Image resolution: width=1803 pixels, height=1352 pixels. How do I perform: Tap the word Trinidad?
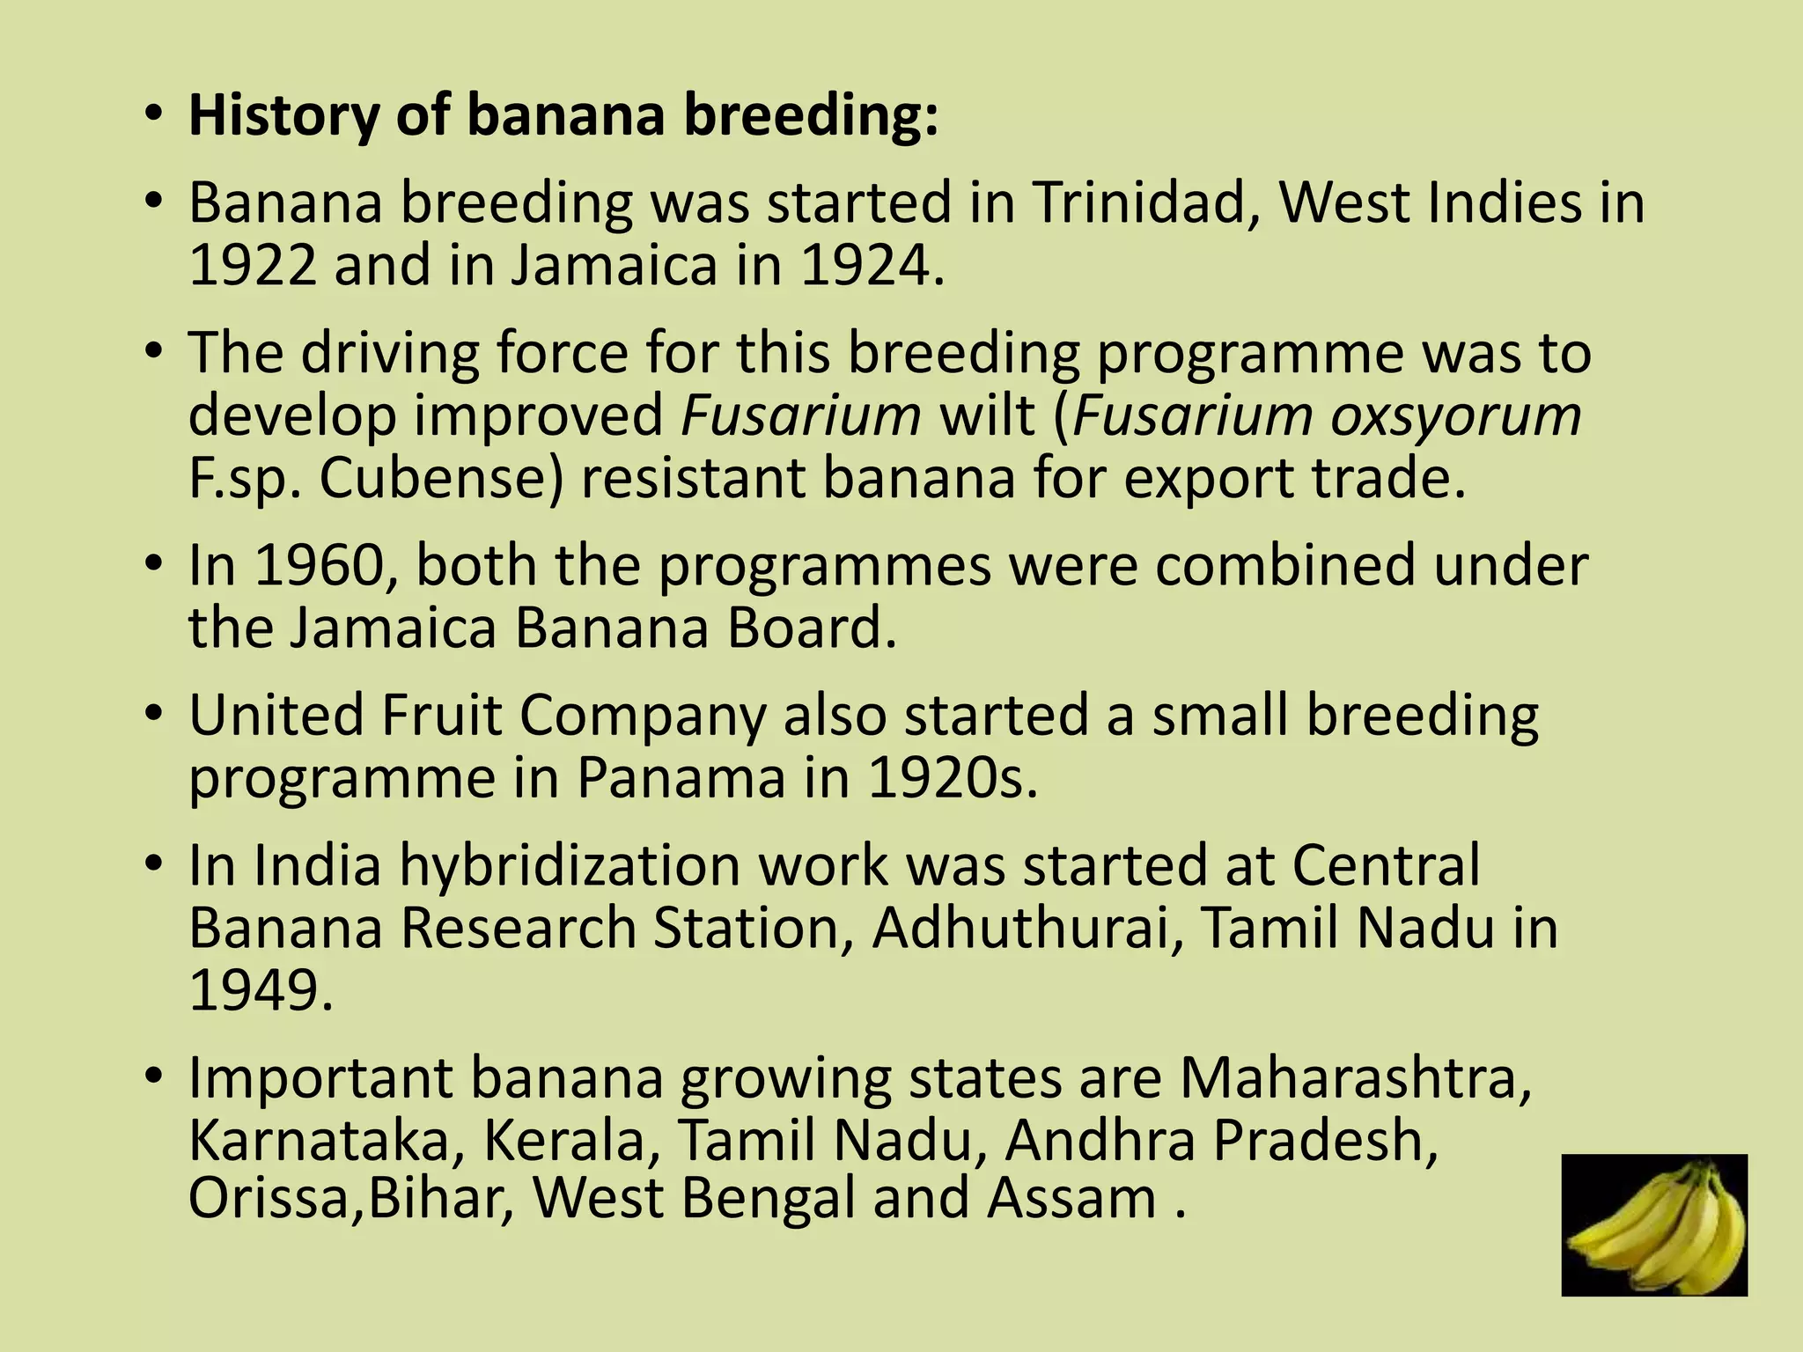pyautogui.click(x=1144, y=203)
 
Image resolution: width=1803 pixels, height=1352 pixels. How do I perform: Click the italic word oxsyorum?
pyautogui.click(x=1455, y=415)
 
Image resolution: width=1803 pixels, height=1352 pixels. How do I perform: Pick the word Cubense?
pyautogui.click(x=440, y=479)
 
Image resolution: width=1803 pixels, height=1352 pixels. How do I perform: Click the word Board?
pyautogui.click(x=811, y=628)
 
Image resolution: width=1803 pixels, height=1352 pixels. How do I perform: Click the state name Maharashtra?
pyautogui.click(x=1356, y=1078)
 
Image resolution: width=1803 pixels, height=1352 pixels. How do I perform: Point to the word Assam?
pyautogui.click(x=1071, y=1200)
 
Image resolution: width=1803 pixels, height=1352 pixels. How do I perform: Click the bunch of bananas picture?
pyautogui.click(x=1654, y=1225)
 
